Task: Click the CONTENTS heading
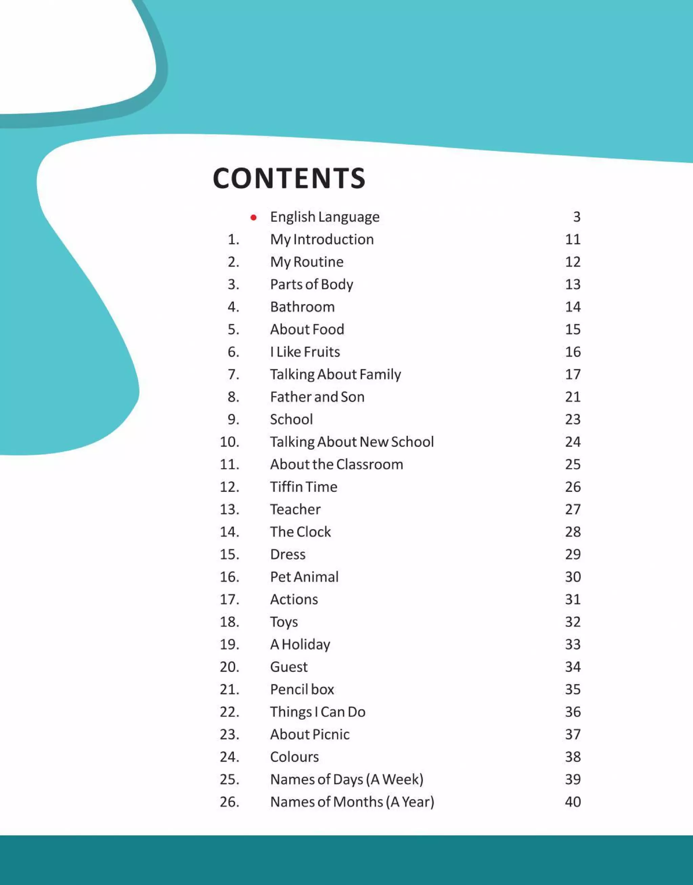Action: [289, 178]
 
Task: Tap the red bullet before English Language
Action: [253, 218]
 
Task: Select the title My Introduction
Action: [322, 239]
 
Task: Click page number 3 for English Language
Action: [577, 217]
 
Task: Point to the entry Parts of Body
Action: [311, 285]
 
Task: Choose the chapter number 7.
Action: [233, 374]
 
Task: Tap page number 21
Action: [573, 397]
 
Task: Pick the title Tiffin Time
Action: [304, 487]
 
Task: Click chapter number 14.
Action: [229, 532]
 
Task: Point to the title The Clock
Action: [300, 532]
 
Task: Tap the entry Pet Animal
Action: [304, 577]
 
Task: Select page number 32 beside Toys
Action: [573, 622]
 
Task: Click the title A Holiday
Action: [300, 645]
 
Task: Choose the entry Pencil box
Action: [302, 690]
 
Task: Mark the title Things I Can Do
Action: [318, 712]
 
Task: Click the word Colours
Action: [294, 757]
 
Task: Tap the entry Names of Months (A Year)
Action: [352, 802]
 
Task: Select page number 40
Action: [573, 802]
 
